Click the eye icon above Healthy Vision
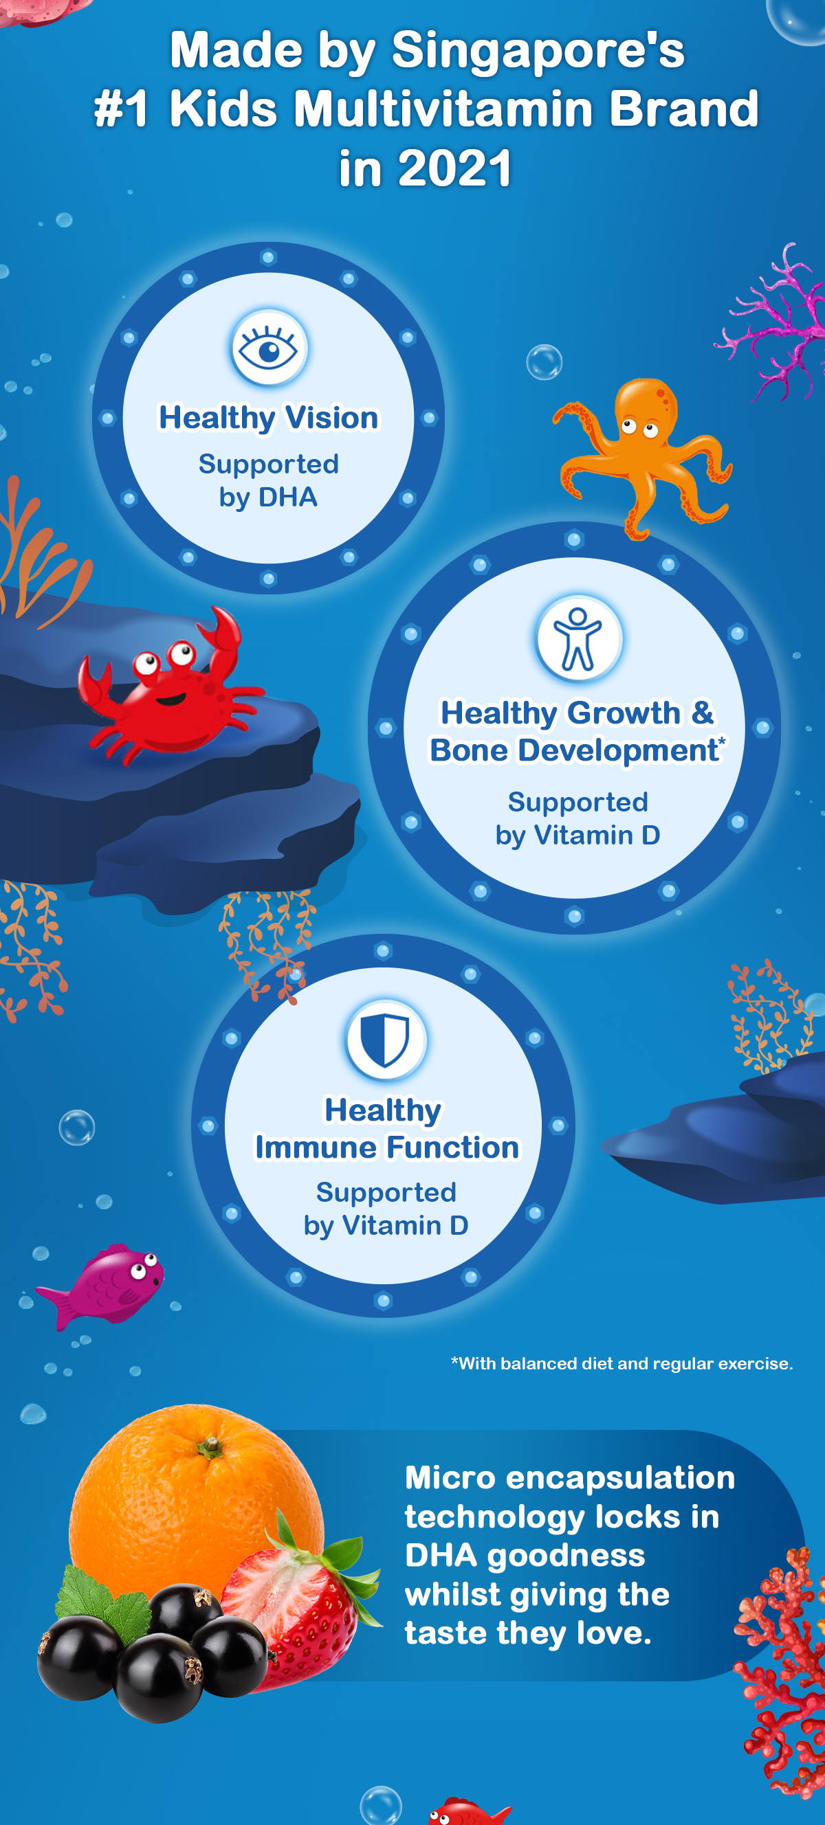point(269,348)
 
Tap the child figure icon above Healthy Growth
point(578,639)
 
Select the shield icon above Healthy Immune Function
point(386,1040)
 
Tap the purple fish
point(102,1285)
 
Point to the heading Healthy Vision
point(268,418)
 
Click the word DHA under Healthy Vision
point(288,497)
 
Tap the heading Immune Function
point(387,1147)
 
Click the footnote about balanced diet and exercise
point(622,1364)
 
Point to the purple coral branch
point(773,322)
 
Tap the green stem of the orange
point(210,1446)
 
